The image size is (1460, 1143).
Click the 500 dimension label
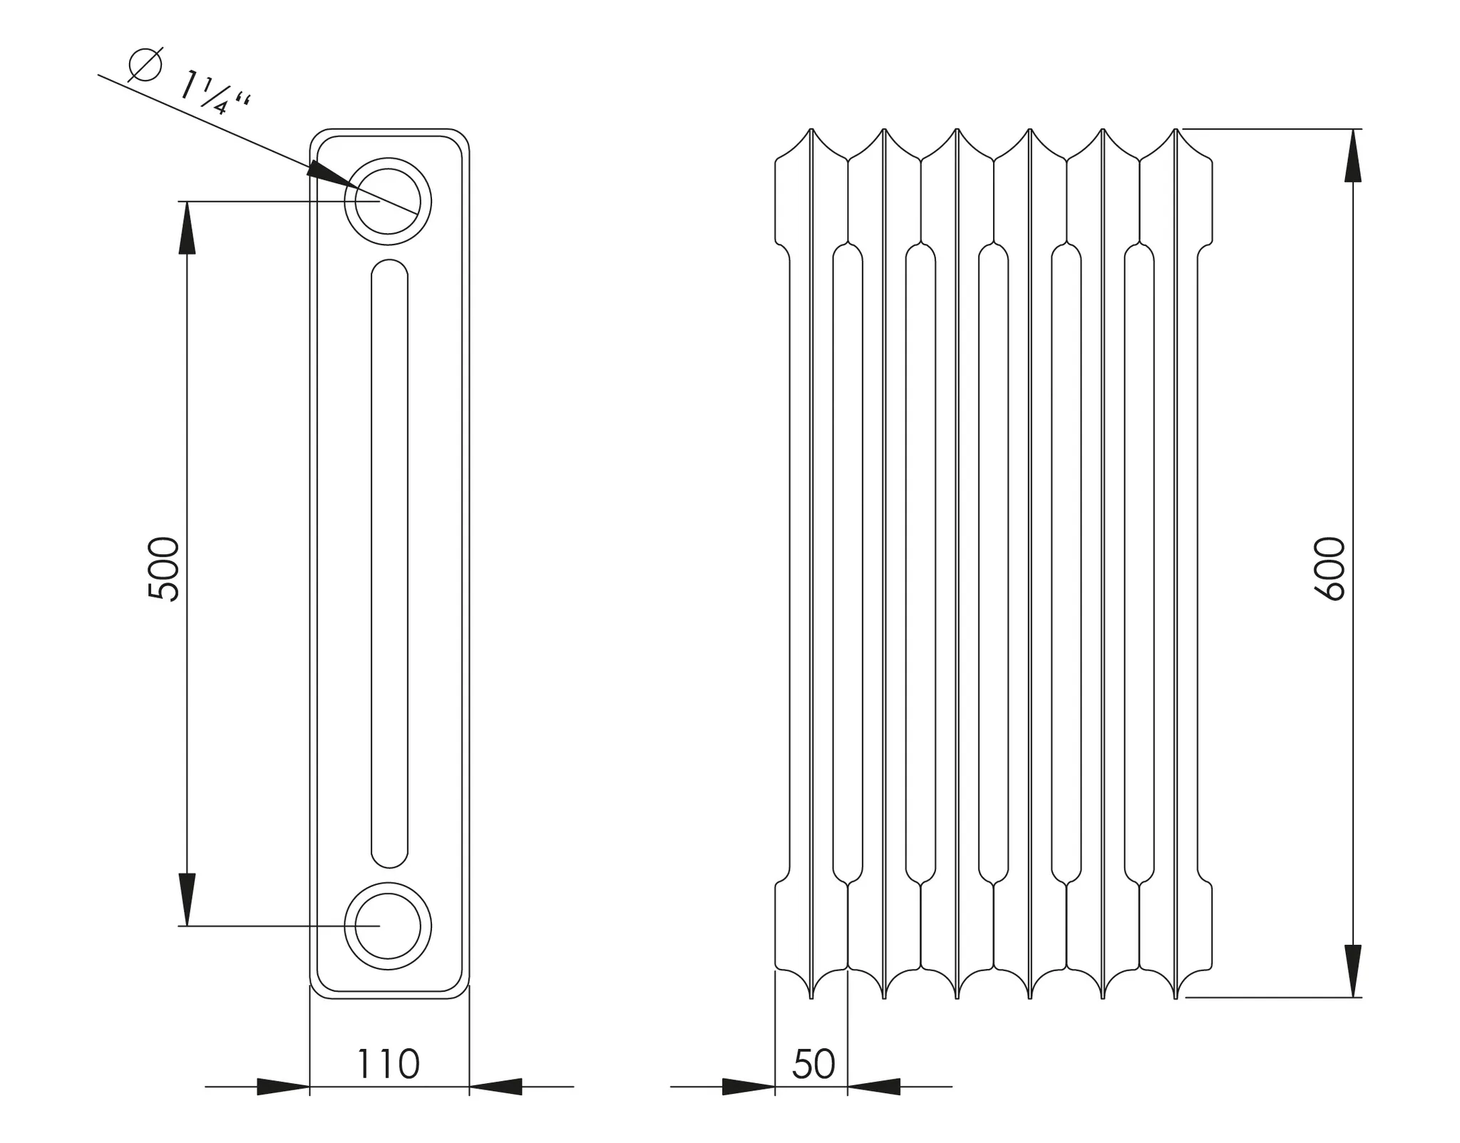pos(163,568)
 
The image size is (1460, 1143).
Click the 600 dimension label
pos(1329,568)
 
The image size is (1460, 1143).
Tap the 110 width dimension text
pos(388,1064)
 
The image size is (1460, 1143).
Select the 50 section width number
pos(813,1064)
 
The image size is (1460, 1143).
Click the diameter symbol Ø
pos(145,66)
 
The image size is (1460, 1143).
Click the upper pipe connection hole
pos(388,202)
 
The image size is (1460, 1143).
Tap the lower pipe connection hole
pos(388,926)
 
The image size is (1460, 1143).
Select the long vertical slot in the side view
pos(389,563)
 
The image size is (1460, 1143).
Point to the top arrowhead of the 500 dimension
pos(187,228)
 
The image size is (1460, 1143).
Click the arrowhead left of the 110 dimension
pos(282,1087)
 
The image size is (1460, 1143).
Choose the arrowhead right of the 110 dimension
pos(496,1087)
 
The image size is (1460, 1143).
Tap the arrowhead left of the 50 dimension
pos(748,1087)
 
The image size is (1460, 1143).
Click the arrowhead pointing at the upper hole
pos(329,174)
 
